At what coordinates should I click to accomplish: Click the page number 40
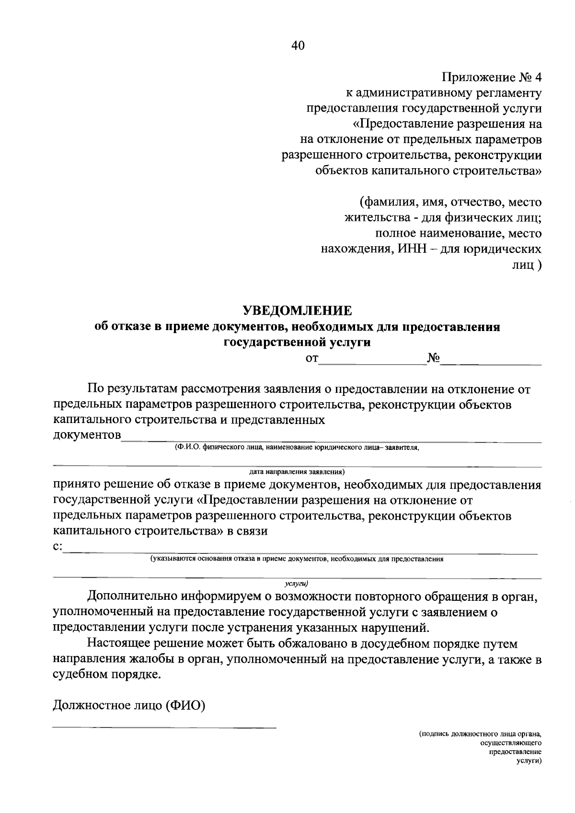click(x=297, y=46)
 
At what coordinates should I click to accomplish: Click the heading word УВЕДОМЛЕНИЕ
click(x=297, y=310)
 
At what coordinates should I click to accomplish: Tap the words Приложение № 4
click(x=492, y=77)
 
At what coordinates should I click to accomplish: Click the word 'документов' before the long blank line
click(x=87, y=435)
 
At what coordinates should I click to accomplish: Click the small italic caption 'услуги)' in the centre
click(x=296, y=584)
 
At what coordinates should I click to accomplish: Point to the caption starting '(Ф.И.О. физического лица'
click(x=297, y=447)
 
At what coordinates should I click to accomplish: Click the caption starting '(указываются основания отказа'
click(x=297, y=559)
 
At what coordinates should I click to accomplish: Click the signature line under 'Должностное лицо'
click(x=164, y=728)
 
